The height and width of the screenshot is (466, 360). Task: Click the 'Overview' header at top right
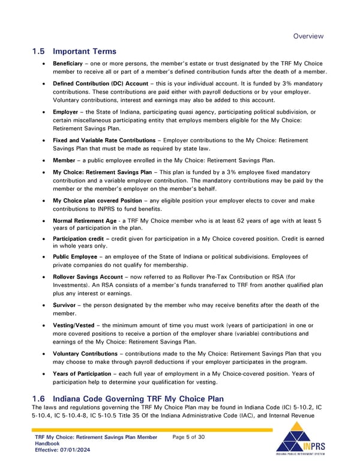(x=308, y=36)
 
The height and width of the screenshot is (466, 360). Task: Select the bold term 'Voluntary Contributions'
(x=85, y=354)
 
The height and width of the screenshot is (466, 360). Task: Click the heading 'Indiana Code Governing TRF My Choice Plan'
(x=139, y=399)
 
